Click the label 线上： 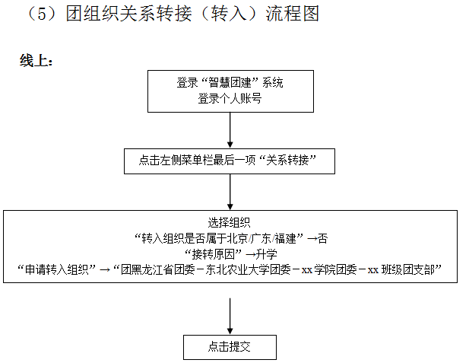pos(36,62)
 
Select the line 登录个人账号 pos(230,98)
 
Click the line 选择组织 pos(230,223)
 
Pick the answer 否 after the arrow pos(323,237)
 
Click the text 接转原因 pos(215,253)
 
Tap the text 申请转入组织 pos(57,269)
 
